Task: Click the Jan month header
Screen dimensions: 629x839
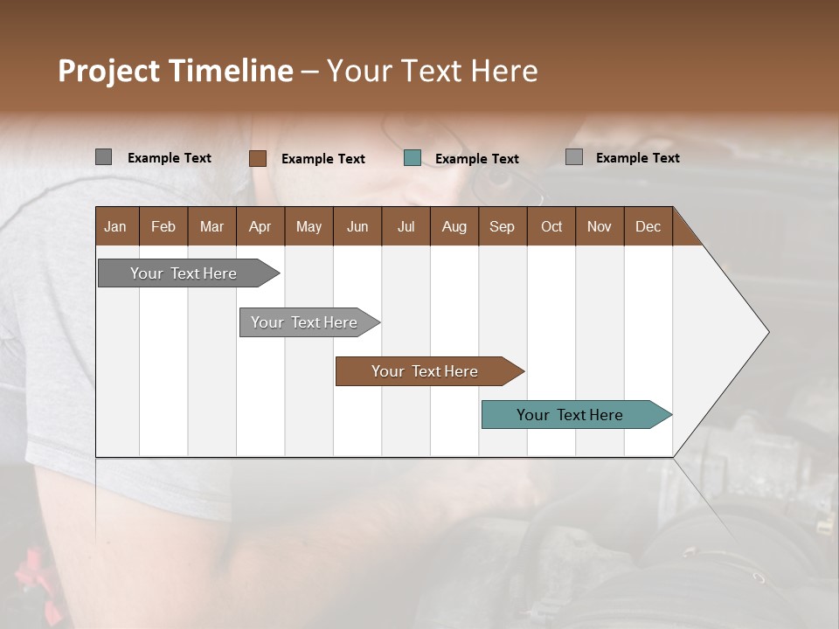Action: pos(115,226)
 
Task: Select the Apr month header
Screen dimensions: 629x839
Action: pos(260,226)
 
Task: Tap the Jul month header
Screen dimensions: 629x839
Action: pos(406,226)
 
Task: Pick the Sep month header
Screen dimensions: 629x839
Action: pos(502,226)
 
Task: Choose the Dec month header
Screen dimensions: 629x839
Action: pos(648,226)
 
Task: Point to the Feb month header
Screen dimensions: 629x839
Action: pos(163,226)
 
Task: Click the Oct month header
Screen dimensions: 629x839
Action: pos(551,226)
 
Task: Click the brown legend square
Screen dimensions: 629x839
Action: pos(257,158)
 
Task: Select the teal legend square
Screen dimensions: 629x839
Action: pos(413,158)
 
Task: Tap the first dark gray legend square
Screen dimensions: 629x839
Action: pos(103,157)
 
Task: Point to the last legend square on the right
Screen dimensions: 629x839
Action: pos(574,157)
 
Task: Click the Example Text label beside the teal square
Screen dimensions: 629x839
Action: pos(476,158)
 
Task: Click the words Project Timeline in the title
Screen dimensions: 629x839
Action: pos(175,71)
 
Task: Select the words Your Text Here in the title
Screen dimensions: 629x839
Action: pos(432,71)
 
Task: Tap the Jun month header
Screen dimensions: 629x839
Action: pos(357,226)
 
